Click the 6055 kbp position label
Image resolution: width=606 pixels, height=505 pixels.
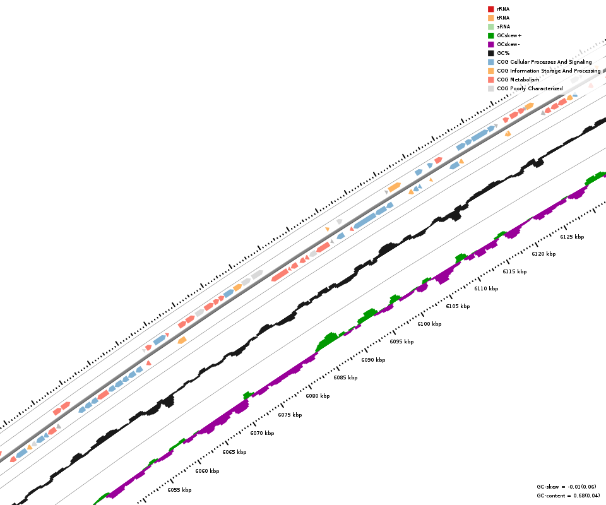click(x=179, y=490)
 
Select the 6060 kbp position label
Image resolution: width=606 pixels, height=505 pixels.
click(x=207, y=471)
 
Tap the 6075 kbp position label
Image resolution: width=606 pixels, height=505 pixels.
click(x=290, y=415)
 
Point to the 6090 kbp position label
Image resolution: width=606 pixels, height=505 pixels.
click(x=373, y=360)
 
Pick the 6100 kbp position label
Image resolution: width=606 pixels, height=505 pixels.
click(x=429, y=324)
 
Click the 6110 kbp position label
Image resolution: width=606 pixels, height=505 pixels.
click(x=486, y=288)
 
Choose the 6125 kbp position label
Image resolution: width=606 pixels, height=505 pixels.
click(x=572, y=237)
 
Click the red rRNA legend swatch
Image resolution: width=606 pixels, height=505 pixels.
click(x=490, y=9)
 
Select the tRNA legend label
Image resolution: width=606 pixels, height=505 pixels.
click(x=503, y=18)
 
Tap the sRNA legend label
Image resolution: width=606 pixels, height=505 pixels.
click(x=503, y=27)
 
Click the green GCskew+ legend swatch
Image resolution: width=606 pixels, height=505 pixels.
click(x=490, y=35)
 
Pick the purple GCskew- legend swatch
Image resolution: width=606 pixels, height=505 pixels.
click(x=490, y=44)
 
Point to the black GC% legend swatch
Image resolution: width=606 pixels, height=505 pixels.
click(x=490, y=53)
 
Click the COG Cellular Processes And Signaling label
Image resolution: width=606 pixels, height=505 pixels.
click(x=544, y=62)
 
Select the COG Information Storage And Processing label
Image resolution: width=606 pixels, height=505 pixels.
click(x=549, y=71)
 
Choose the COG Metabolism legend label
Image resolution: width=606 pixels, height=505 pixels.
click(x=518, y=80)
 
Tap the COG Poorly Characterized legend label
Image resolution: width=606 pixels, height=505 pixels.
click(x=530, y=88)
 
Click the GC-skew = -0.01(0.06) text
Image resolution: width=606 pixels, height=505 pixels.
click(x=566, y=487)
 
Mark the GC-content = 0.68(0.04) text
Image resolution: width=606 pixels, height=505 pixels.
click(x=568, y=496)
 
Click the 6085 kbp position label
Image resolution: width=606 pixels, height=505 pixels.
click(x=345, y=377)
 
